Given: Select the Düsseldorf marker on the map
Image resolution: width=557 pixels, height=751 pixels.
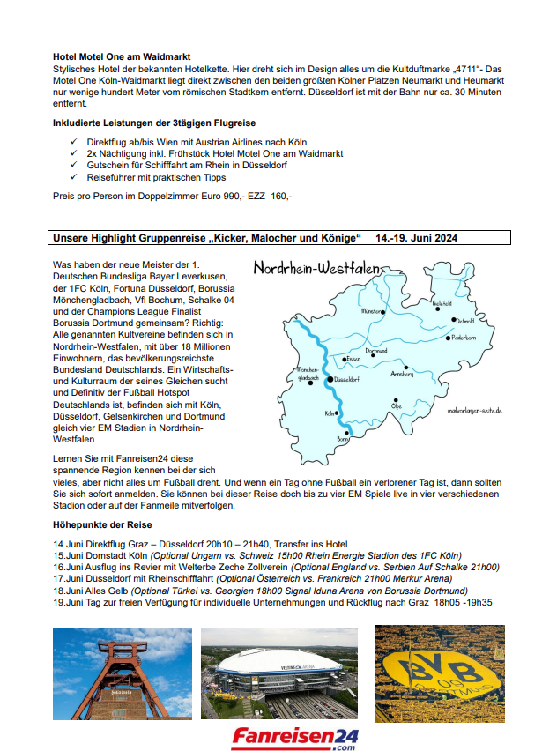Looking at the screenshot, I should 331,378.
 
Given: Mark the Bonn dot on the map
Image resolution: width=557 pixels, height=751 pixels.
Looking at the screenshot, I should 346,429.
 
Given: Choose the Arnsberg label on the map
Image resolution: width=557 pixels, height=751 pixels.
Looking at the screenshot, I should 402,375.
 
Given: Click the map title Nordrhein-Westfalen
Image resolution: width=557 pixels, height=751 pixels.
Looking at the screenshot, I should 317,268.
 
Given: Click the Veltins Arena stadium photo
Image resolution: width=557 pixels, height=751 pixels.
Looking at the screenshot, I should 278,673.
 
